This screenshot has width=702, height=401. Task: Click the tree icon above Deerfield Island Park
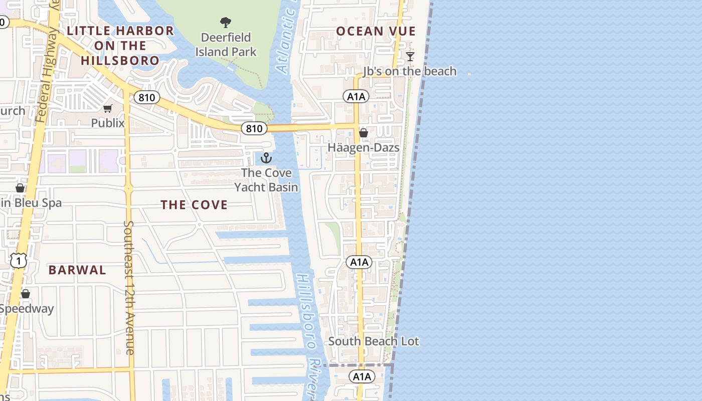(x=226, y=23)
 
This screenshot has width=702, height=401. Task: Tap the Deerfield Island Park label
(x=226, y=45)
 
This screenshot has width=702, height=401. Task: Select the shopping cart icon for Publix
(x=108, y=108)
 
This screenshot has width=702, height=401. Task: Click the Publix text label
(x=108, y=123)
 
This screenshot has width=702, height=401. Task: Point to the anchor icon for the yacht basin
(x=266, y=158)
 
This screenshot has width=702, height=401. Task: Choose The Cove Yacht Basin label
(x=266, y=180)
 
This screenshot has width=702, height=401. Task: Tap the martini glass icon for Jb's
(x=410, y=56)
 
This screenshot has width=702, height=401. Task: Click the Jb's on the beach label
(x=410, y=71)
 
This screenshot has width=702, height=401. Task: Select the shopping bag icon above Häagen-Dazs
(x=364, y=133)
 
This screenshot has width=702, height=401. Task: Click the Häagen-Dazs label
(x=364, y=147)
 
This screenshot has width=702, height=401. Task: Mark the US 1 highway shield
(x=19, y=261)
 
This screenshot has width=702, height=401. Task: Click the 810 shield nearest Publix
(x=146, y=97)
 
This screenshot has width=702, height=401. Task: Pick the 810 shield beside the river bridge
(x=254, y=129)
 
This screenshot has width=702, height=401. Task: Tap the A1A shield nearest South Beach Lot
(x=362, y=376)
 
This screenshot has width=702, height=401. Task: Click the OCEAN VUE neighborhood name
(x=376, y=31)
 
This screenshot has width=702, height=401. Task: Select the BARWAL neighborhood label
(x=77, y=270)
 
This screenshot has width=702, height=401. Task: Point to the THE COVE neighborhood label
(x=194, y=205)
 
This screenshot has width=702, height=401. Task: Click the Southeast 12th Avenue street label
(x=129, y=288)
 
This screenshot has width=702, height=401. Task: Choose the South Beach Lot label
(x=374, y=341)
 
